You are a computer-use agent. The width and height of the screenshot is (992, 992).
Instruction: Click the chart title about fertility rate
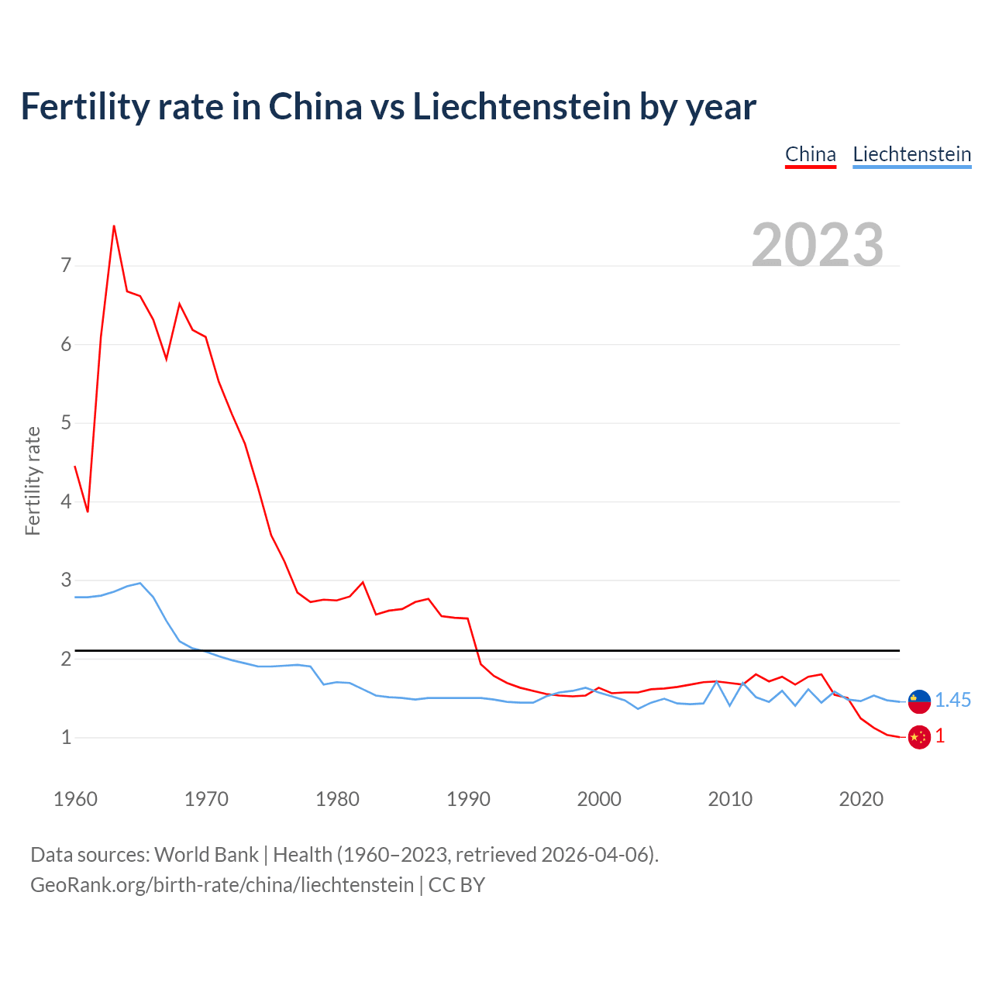(388, 106)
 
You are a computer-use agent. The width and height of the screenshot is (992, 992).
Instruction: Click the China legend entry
(810, 154)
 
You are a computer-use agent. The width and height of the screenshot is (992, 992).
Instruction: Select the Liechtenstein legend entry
(911, 154)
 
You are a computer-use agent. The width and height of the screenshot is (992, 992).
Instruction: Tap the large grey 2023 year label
(817, 245)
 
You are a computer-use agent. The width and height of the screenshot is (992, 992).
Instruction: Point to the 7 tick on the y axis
(66, 266)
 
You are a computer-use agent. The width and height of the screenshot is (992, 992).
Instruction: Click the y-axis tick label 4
(66, 501)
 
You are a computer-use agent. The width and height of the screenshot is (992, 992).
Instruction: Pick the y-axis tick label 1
(66, 737)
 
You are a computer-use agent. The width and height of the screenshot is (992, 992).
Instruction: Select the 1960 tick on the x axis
(75, 799)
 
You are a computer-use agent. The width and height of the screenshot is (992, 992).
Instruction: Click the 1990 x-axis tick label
(468, 799)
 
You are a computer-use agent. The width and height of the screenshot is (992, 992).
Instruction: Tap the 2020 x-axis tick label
(861, 799)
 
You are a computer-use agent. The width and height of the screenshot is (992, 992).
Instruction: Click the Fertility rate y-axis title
(33, 480)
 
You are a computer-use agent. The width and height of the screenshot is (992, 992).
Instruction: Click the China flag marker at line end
(919, 737)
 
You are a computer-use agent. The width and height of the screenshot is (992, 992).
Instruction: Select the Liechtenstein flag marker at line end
(919, 701)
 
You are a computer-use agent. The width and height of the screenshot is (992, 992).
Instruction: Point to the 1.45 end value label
(952, 701)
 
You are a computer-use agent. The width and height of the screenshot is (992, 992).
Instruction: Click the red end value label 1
(940, 736)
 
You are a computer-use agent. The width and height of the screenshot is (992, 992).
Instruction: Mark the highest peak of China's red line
(114, 226)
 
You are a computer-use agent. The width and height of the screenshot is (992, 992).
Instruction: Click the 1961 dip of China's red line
(88, 511)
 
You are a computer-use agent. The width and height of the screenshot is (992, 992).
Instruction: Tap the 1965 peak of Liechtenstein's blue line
(140, 583)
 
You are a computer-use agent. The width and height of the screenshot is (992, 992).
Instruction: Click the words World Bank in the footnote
(206, 855)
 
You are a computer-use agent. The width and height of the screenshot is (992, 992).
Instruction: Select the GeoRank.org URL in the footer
(222, 885)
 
